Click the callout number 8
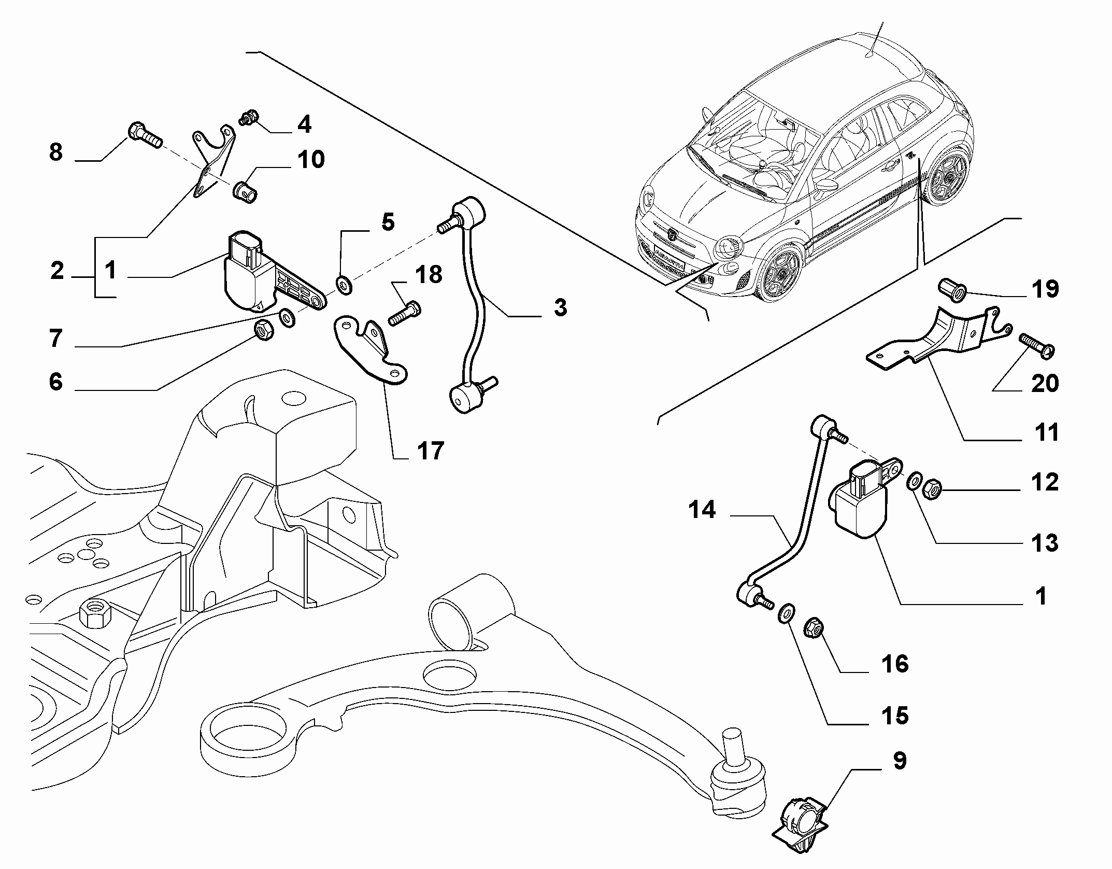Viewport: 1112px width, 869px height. pyautogui.click(x=56, y=152)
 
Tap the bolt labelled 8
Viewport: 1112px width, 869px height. pyautogui.click(x=144, y=135)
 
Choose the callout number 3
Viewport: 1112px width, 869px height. pyautogui.click(x=560, y=307)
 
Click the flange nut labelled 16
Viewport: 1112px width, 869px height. pyautogui.click(x=813, y=630)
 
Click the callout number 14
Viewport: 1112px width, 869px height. pyautogui.click(x=702, y=510)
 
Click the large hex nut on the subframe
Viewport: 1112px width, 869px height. pyautogui.click(x=96, y=613)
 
